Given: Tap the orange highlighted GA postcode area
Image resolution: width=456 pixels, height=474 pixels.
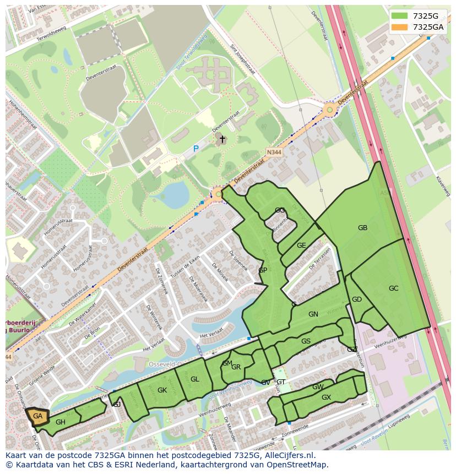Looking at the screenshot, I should tap(37, 417).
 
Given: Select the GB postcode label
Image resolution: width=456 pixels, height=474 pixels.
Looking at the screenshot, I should tap(362, 228).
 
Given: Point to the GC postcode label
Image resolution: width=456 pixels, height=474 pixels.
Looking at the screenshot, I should tap(393, 288).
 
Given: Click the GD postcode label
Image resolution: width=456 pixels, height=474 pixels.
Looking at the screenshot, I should tap(357, 299).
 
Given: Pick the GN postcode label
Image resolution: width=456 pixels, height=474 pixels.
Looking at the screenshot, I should tap(313, 314).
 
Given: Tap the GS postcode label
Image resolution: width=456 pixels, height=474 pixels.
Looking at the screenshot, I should tap(306, 341).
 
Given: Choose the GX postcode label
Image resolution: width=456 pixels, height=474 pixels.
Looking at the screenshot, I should tap(326, 397).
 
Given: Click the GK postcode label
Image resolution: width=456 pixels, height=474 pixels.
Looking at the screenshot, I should tap(162, 390).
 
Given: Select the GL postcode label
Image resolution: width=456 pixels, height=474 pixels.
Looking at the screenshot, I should tap(194, 379).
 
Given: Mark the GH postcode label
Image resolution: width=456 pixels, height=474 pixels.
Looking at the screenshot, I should tap(61, 422).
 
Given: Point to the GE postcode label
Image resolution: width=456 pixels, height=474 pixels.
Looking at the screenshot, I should tap(301, 246).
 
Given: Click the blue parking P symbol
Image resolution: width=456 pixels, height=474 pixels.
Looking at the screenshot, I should tap(196, 149).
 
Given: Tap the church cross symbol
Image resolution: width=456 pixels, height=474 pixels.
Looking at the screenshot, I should tap(222, 139).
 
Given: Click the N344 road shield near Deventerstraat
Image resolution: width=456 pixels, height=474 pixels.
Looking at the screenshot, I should tap(274, 152).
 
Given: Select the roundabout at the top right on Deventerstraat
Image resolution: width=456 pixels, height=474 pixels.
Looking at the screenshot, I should tap(330, 110).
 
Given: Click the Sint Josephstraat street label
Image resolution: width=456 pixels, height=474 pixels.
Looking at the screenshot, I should tap(242, 59).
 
